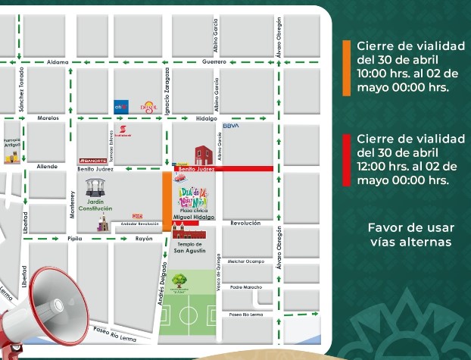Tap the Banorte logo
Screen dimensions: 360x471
coord(92,161)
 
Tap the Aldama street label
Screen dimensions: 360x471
coord(58,61)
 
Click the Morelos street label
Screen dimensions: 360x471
coord(48,118)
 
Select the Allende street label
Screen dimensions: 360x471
coord(47,165)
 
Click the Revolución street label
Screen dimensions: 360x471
coord(245,223)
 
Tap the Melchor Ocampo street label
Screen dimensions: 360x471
coord(245,261)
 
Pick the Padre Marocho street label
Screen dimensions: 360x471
coord(245,287)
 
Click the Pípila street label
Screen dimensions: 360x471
coord(75,238)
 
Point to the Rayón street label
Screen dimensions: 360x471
coord(144,238)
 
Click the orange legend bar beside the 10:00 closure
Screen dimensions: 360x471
coord(346,67)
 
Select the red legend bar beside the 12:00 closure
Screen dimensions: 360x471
coord(346,159)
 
